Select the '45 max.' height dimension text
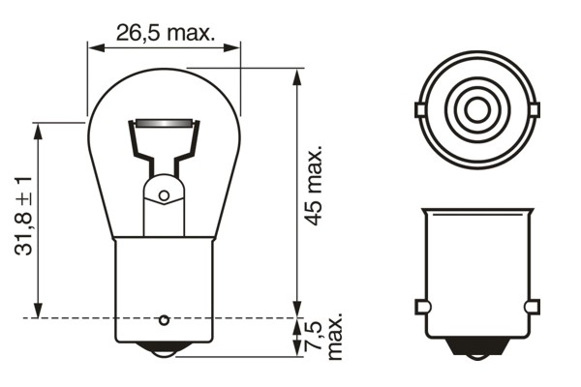pyautogui.click(x=313, y=187)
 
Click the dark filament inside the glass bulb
pyautogui.click(x=165, y=125)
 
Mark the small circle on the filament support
pyautogui.click(x=164, y=195)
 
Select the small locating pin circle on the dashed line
pyautogui.click(x=165, y=318)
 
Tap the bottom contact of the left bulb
pyautogui.click(x=165, y=348)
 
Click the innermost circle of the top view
pyautogui.click(x=476, y=109)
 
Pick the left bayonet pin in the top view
pyautogui.click(x=420, y=109)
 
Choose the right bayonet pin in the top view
pyautogui.click(x=533, y=109)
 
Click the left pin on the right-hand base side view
pyautogui.click(x=421, y=307)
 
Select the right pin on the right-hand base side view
pyautogui.click(x=531, y=307)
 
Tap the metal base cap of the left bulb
pyautogui.click(x=165, y=285)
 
